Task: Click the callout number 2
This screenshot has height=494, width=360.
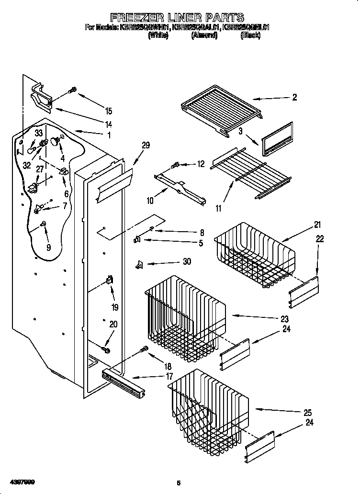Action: pyautogui.click(x=294, y=97)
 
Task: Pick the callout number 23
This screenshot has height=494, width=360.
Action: pyautogui.click(x=284, y=319)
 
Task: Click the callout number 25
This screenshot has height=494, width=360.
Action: pyautogui.click(x=307, y=412)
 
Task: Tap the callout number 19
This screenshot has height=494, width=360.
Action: pyautogui.click(x=115, y=307)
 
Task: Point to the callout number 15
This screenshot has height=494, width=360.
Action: pyautogui.click(x=109, y=111)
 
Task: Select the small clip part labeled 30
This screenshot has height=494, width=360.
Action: pyautogui.click(x=139, y=264)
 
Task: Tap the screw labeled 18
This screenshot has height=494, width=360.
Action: pyautogui.click(x=143, y=351)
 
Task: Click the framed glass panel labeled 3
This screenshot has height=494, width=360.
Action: pyautogui.click(x=277, y=139)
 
